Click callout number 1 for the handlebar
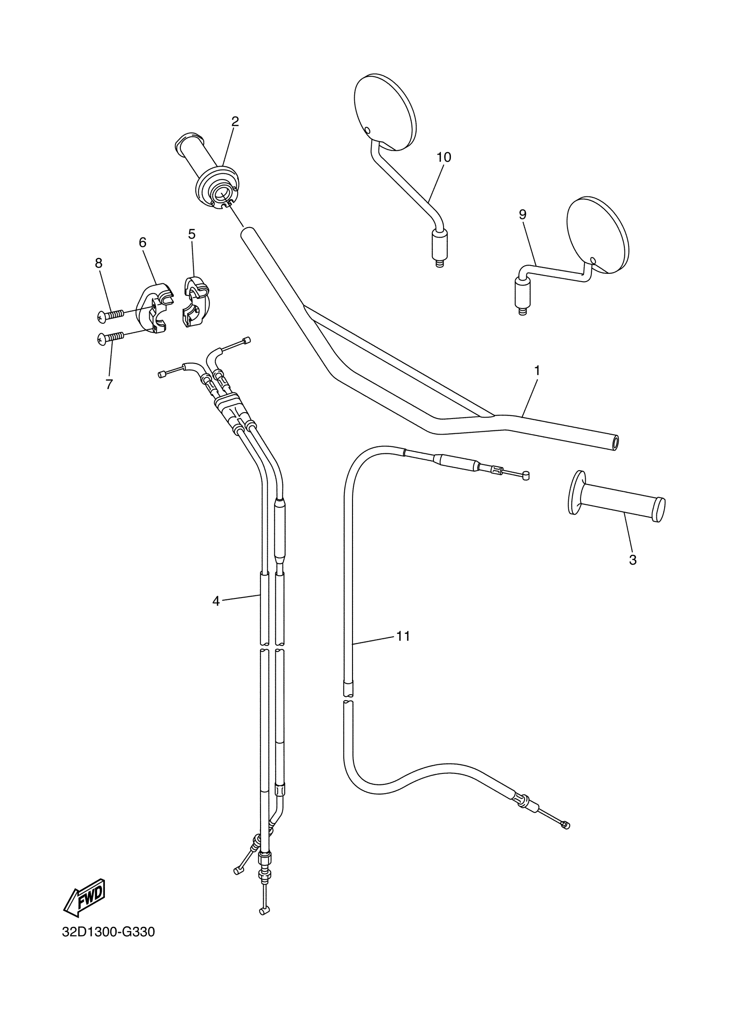[537, 371]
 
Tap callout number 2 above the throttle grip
[235, 121]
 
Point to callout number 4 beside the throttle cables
[216, 601]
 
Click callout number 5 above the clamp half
[192, 234]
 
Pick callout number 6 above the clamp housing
[143, 243]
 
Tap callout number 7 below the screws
[109, 384]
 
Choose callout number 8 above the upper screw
[99, 263]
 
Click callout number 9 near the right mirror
[522, 214]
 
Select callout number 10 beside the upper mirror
[444, 157]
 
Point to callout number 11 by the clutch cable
[403, 636]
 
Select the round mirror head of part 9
[597, 234]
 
